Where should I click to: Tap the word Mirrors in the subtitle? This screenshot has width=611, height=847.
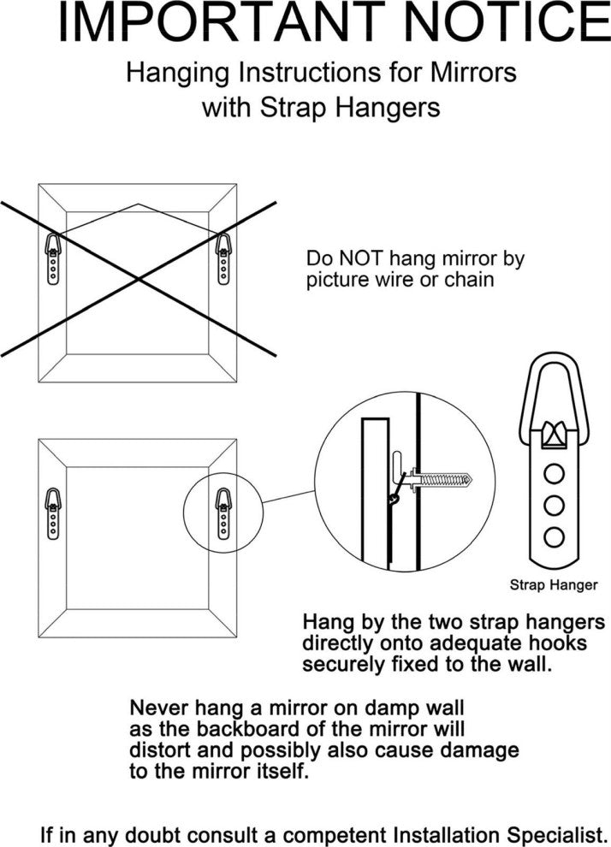(477, 73)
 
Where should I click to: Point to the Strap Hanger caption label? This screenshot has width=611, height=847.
(553, 585)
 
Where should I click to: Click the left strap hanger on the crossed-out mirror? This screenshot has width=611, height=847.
(53, 255)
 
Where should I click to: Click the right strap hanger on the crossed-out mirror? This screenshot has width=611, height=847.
(222, 255)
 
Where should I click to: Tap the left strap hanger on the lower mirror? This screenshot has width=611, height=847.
(53, 511)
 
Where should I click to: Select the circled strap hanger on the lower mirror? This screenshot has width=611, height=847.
(222, 511)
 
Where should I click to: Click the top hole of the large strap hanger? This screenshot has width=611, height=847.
(554, 471)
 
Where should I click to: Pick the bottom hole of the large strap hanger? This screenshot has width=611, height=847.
(554, 536)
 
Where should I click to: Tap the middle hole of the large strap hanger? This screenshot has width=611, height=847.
(554, 504)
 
